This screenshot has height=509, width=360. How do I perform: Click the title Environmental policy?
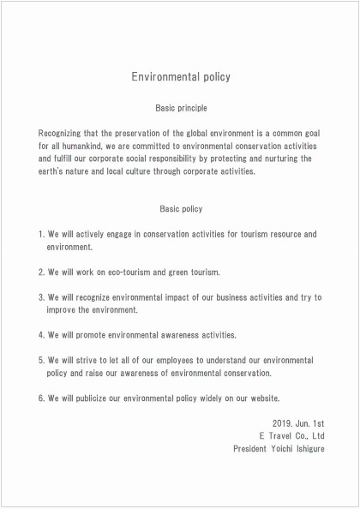180,77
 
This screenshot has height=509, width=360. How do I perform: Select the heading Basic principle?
180,109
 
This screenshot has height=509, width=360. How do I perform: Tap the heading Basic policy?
180,209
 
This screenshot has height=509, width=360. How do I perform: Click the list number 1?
41,234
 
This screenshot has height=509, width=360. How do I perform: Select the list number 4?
41,335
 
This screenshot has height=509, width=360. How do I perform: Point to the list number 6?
41,398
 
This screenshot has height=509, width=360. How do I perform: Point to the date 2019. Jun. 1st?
297,423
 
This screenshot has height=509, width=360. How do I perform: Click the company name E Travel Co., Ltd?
291,436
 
